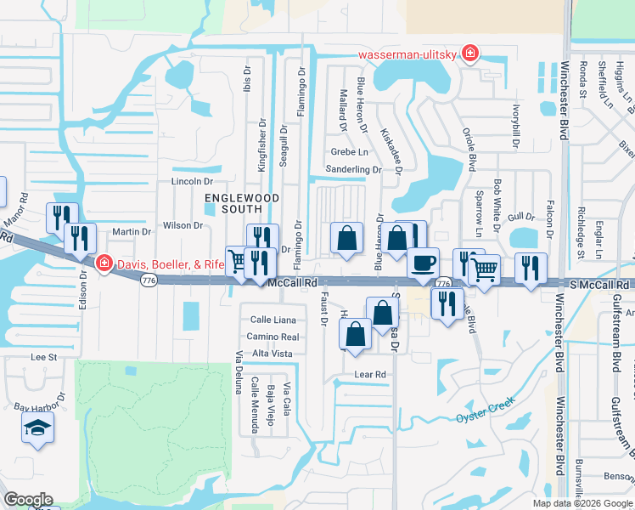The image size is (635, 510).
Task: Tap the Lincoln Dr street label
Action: click(191, 181)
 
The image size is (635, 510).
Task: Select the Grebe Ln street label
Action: click(350, 152)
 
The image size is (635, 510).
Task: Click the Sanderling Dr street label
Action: click(353, 169)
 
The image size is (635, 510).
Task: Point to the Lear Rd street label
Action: click(370, 374)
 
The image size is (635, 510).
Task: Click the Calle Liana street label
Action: click(273, 320)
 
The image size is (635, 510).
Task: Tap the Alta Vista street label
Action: click(273, 354)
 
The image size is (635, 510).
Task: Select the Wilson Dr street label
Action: click(183, 225)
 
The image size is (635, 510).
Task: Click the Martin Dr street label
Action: click(131, 231)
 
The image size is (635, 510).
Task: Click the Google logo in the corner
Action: click(28, 500)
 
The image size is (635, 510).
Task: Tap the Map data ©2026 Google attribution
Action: click(582, 503)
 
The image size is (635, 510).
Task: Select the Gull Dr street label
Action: click(520, 218)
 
